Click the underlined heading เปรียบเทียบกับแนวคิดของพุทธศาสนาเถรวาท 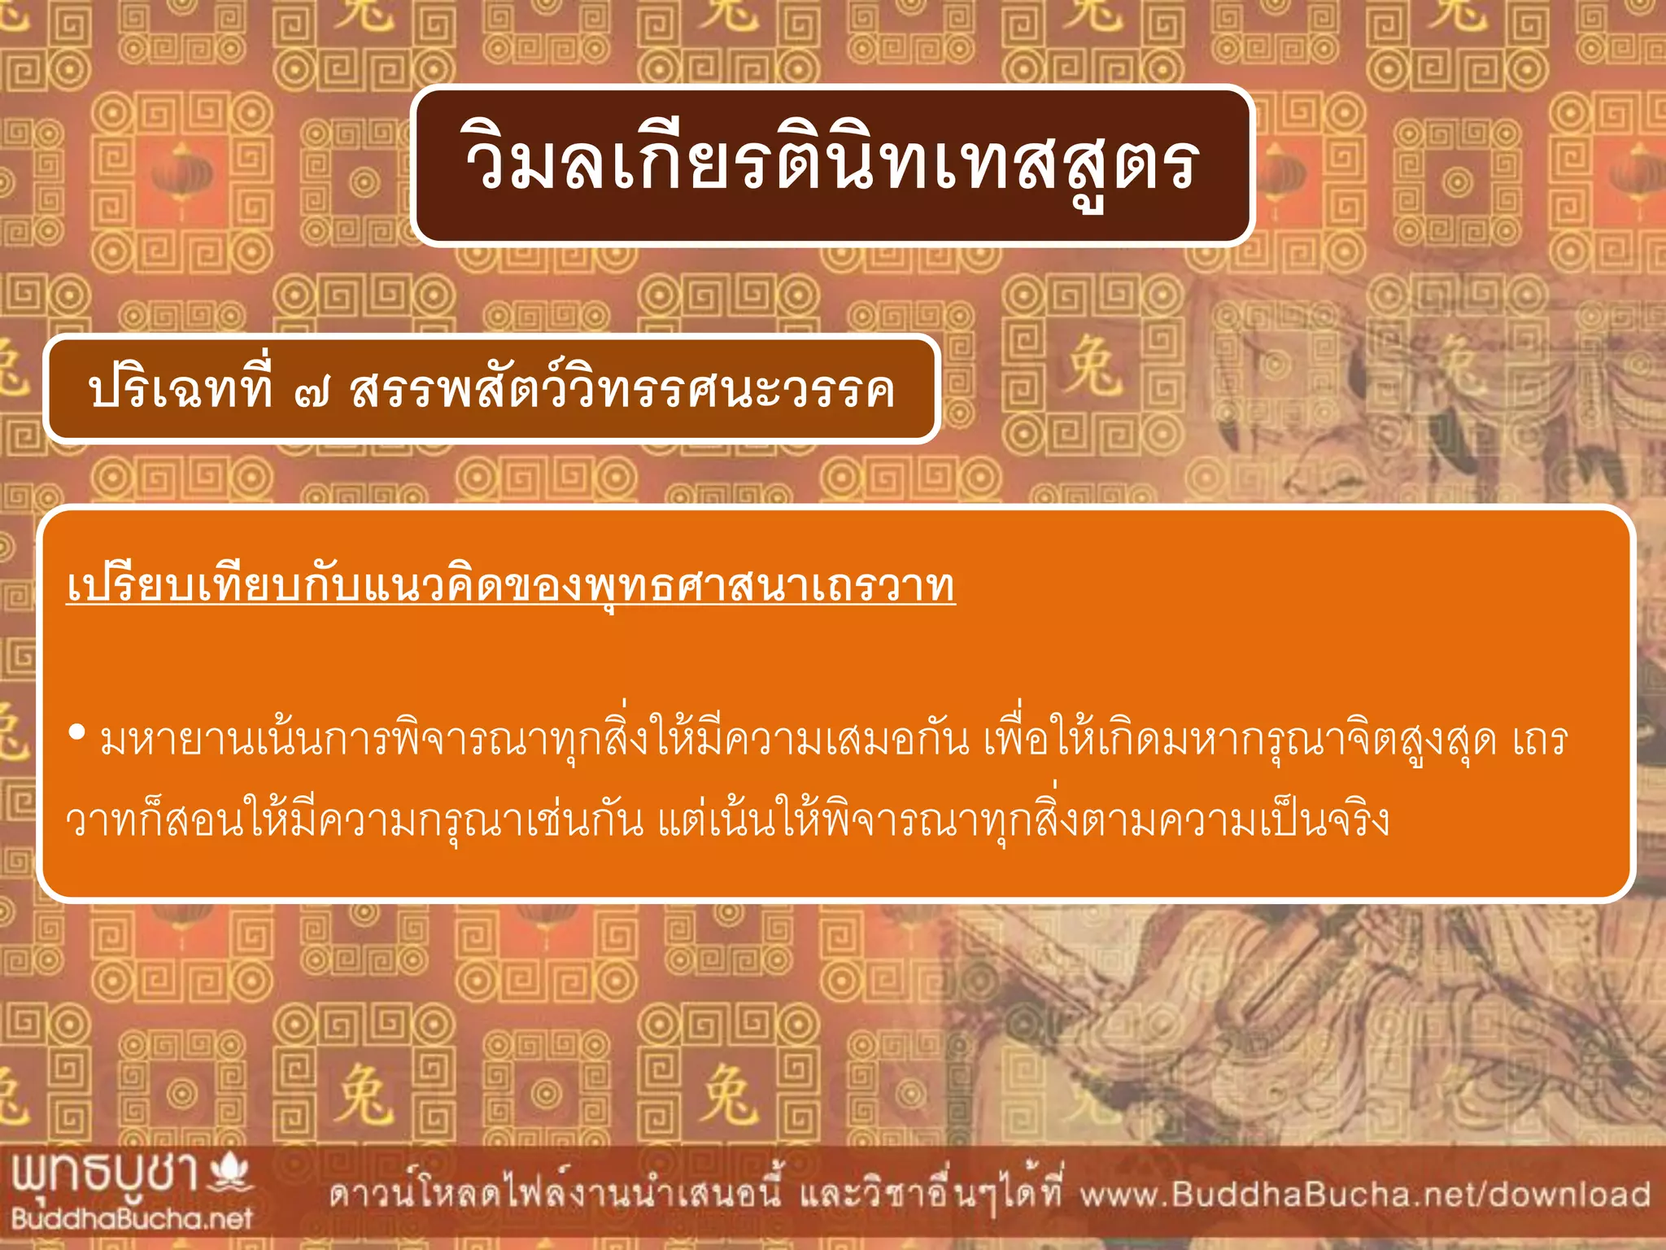click(511, 586)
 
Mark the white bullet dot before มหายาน click(77, 733)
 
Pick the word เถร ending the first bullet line click(1540, 740)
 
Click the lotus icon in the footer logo click(231, 1173)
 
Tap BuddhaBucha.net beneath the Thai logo click(132, 1218)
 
